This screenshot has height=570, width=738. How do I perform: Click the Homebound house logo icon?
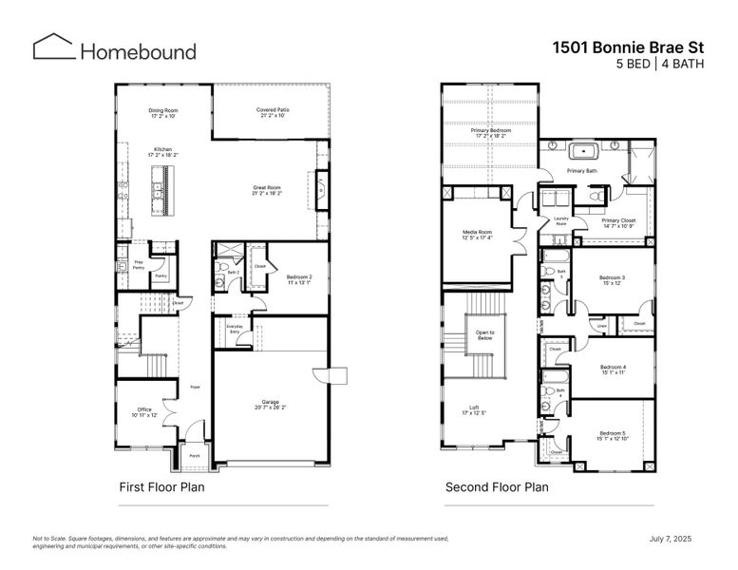[53, 47]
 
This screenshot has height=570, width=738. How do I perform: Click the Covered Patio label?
[273, 112]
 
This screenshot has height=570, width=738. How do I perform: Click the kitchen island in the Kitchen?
[163, 189]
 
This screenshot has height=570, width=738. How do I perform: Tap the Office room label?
[144, 412]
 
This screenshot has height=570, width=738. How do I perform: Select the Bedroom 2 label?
[300, 279]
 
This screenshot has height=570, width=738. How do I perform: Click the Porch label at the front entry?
[194, 456]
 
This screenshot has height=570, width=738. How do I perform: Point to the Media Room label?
[477, 235]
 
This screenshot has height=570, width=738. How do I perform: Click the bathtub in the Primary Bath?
[580, 150]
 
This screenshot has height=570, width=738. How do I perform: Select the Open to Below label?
[484, 334]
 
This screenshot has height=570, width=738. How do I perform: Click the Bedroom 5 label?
[612, 435]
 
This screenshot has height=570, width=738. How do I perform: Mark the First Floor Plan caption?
[161, 487]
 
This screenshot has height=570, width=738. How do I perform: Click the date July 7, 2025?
[671, 539]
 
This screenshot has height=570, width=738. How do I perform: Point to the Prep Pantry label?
[138, 263]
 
